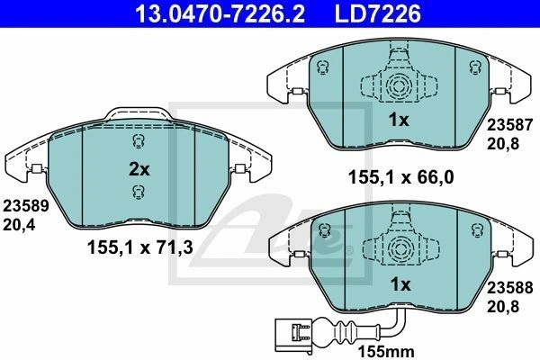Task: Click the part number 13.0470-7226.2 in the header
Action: (x=220, y=13)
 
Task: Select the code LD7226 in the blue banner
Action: (x=378, y=13)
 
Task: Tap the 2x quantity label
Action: (x=139, y=169)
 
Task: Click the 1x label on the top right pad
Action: (x=399, y=120)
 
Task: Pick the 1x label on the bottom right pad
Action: (x=400, y=284)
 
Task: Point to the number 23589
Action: (x=26, y=207)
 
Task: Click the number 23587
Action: (x=509, y=125)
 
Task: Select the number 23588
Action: (x=509, y=288)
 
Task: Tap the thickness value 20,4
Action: (x=19, y=225)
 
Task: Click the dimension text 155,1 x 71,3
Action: (x=139, y=247)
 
